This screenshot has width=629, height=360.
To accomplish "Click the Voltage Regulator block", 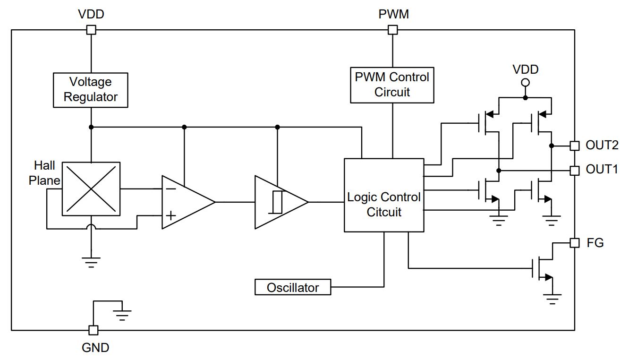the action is click(90, 90).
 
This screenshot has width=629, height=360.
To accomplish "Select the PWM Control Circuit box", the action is click(392, 85).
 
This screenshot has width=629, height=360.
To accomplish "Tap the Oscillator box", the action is click(293, 287).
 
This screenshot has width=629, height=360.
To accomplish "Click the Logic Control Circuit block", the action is click(384, 195).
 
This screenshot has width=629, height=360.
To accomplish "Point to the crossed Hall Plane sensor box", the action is click(91, 189).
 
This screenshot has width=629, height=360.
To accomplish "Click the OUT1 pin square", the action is click(575, 170).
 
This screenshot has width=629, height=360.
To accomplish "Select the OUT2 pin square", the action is click(575, 146).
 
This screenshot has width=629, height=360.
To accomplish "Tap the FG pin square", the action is click(575, 243).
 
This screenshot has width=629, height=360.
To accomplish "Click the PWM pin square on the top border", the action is click(392, 29).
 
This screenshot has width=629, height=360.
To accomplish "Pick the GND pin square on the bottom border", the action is click(93, 330).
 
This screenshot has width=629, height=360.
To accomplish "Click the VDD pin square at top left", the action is click(91, 29).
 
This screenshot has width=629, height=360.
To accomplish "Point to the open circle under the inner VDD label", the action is click(526, 83).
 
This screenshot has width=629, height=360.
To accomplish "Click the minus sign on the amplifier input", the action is click(171, 189).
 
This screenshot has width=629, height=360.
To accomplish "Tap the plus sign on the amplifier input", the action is click(171, 215).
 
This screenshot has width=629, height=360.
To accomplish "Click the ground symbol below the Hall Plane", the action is click(91, 262).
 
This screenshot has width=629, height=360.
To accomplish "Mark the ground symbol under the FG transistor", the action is click(552, 299).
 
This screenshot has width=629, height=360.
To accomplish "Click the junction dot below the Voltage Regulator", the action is click(91, 127).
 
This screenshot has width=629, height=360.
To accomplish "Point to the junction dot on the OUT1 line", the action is click(499, 171).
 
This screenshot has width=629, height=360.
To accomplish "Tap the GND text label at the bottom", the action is click(95, 348).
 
